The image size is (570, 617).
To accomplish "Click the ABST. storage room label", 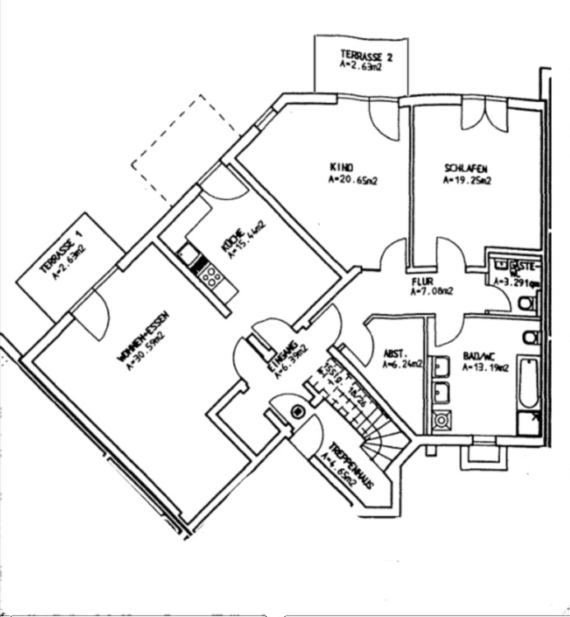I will click(392, 355).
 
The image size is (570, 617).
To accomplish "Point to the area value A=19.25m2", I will click(466, 179).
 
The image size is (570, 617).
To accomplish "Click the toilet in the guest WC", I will click(527, 304).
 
